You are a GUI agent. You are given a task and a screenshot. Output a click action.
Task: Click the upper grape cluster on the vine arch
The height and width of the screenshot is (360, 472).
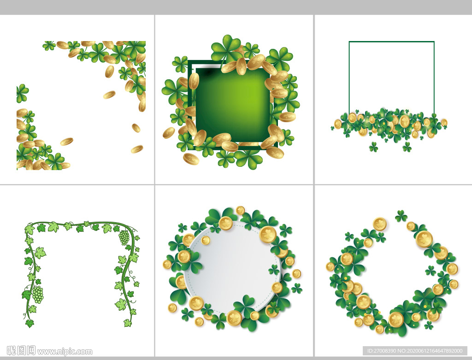124,237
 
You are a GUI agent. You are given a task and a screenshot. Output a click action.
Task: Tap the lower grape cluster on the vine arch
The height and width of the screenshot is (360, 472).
38,294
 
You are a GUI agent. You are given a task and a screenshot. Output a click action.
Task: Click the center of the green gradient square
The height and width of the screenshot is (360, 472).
233,105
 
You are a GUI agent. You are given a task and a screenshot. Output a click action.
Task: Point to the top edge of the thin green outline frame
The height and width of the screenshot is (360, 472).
391,41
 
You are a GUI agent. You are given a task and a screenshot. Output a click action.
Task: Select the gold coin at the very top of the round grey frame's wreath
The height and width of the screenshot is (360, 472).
240,210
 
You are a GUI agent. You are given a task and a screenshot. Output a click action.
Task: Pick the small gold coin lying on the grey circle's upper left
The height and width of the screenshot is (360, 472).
206,240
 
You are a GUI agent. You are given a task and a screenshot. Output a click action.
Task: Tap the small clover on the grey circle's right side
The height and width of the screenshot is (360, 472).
274,269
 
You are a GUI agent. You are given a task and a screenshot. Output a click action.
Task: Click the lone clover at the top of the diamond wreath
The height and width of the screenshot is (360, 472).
401,216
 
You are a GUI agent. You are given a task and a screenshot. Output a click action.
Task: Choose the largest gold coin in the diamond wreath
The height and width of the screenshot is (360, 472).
424,239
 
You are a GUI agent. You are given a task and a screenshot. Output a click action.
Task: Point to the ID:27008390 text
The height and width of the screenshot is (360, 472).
382,351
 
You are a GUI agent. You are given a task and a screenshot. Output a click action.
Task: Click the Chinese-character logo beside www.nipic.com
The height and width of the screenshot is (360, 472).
21,351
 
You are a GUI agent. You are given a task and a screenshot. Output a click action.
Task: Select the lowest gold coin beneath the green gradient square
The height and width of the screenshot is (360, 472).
191,159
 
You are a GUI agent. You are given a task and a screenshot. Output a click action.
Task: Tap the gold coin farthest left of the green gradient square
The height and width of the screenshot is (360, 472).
169,133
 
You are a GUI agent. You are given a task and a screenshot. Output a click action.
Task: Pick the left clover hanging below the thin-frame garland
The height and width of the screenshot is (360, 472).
373,147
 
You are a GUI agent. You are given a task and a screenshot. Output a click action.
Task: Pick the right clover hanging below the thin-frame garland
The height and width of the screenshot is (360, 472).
407,147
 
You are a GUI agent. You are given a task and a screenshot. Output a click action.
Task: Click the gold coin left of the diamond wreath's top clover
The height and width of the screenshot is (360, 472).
380,224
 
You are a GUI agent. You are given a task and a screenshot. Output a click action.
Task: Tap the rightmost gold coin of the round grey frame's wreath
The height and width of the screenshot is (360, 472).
297,274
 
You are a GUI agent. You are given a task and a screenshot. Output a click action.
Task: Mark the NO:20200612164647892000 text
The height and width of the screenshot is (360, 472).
430,351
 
